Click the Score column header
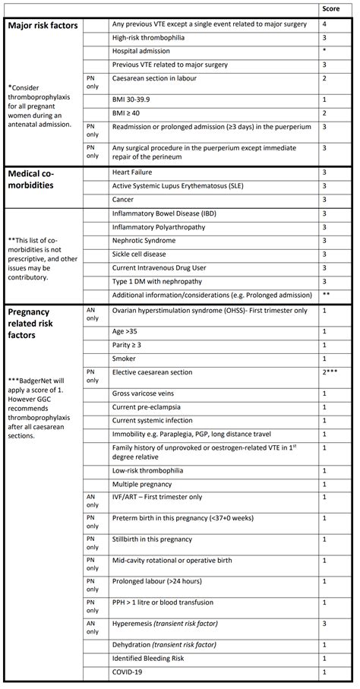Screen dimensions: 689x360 tap(330, 9)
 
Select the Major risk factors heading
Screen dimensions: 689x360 tap(43, 26)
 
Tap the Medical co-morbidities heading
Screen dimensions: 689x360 tap(37, 179)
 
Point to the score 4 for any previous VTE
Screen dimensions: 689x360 tap(324, 25)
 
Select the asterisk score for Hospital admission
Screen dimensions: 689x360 tap(324, 52)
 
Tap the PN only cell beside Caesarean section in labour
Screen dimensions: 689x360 tap(92, 82)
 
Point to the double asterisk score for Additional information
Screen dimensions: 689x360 tap(326, 295)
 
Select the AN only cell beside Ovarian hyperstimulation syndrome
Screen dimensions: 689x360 tap(92, 314)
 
